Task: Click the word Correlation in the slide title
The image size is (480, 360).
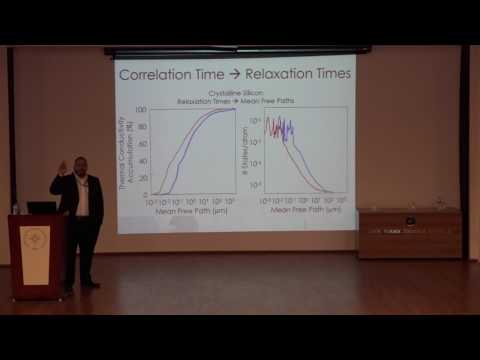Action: click(154, 74)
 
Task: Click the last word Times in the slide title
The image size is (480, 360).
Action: click(327, 74)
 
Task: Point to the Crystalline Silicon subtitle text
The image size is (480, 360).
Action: click(236, 93)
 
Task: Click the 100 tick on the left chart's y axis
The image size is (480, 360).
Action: click(141, 110)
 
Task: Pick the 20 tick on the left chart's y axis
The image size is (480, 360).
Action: click(143, 177)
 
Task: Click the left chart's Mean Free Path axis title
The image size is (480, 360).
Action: click(191, 212)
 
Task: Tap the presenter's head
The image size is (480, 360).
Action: click(79, 163)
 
